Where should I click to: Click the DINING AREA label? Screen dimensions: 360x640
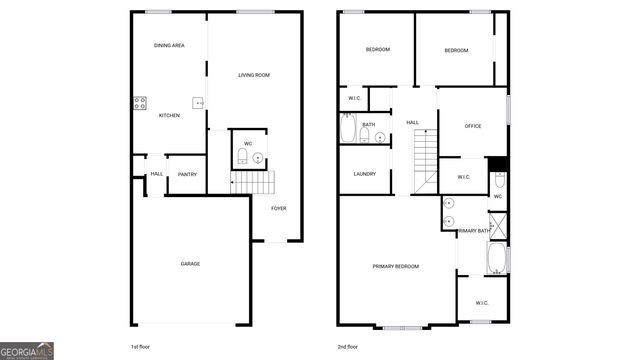[169, 46]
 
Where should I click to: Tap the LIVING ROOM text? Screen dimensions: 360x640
[254, 75]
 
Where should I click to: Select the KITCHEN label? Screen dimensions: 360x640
[169, 116]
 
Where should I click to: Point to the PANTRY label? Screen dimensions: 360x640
[187, 175]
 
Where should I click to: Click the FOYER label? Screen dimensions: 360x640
[278, 208]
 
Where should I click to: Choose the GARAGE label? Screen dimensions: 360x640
[190, 264]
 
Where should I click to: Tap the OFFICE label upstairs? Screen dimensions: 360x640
[473, 126]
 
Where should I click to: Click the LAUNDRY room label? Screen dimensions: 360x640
[364, 174]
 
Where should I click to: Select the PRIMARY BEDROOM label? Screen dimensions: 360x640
[395, 266]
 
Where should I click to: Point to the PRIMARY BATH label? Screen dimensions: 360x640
[473, 231]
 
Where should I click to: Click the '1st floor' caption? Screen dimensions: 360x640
[140, 347]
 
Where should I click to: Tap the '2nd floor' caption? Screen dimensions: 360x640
[348, 347]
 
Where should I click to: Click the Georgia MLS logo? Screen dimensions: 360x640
[27, 351]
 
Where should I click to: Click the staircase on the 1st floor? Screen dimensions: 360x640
[252, 183]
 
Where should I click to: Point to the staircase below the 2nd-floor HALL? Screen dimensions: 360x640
[427, 158]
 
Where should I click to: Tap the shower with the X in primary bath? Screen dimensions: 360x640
[498, 225]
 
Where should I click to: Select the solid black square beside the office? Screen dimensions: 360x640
[498, 164]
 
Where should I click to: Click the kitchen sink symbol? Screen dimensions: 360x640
[200, 102]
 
